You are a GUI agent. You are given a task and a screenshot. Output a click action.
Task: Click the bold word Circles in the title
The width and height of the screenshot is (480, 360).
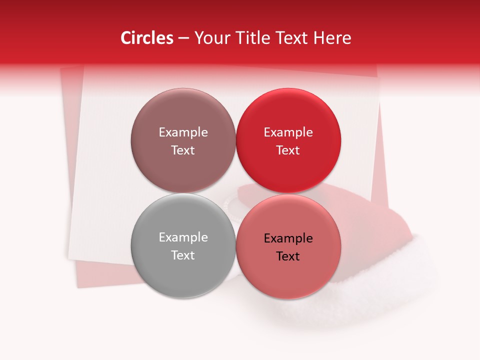(147, 38)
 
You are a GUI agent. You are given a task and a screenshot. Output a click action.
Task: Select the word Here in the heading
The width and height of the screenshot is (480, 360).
(333, 38)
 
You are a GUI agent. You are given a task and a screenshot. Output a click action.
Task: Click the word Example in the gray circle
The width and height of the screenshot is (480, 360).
(183, 237)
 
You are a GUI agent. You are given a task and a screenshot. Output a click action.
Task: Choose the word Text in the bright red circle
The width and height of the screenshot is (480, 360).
(288, 150)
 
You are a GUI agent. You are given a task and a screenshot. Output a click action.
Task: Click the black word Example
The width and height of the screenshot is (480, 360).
(288, 238)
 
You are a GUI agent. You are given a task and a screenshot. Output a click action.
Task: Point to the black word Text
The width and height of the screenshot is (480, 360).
(288, 256)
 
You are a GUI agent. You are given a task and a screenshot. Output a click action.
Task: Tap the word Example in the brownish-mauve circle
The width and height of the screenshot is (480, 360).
(183, 132)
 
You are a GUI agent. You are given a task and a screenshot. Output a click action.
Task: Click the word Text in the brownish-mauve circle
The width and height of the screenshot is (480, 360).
(183, 150)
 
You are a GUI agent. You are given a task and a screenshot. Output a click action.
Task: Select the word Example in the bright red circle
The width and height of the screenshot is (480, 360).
(288, 132)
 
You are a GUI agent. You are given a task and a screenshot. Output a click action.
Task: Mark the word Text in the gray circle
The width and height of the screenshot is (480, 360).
(183, 255)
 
